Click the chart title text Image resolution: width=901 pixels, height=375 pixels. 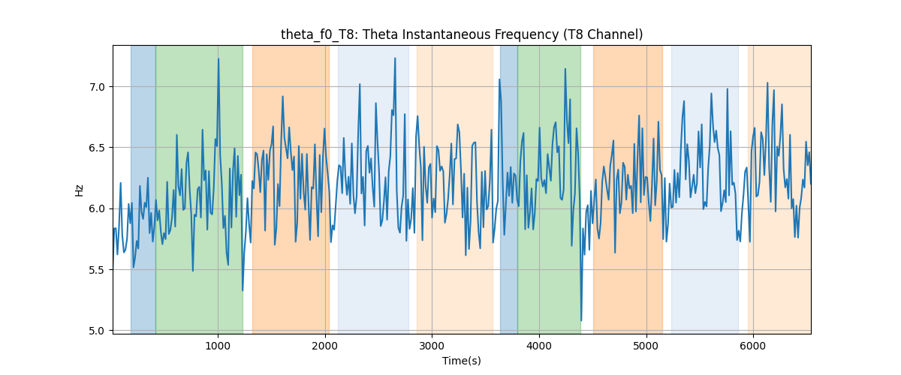point(462,34)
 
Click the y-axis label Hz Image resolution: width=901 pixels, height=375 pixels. point(80,190)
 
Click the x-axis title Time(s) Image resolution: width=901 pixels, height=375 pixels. point(462,361)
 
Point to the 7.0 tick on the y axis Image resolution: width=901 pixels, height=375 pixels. point(97,87)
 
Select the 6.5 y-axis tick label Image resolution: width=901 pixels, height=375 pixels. point(97,148)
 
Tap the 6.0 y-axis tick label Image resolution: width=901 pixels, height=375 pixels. point(97,209)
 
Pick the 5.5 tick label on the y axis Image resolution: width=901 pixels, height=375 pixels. point(97,270)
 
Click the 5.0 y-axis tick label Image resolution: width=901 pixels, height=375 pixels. point(97,331)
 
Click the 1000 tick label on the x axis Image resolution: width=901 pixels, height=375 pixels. point(218,346)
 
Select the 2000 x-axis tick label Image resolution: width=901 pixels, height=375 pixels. point(325,346)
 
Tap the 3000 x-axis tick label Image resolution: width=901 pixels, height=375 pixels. point(432,346)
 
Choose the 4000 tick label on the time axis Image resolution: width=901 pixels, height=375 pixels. point(539,346)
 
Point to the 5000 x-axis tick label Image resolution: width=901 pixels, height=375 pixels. point(646,346)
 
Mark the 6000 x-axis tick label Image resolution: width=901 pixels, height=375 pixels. point(753,346)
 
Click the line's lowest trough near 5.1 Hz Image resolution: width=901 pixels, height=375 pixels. point(581,320)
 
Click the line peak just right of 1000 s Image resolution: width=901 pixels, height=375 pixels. point(218,59)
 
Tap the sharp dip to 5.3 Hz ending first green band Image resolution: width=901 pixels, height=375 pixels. point(243,290)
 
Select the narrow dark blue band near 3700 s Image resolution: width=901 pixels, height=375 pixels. point(509,189)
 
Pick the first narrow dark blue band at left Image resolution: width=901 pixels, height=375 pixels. point(143,189)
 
